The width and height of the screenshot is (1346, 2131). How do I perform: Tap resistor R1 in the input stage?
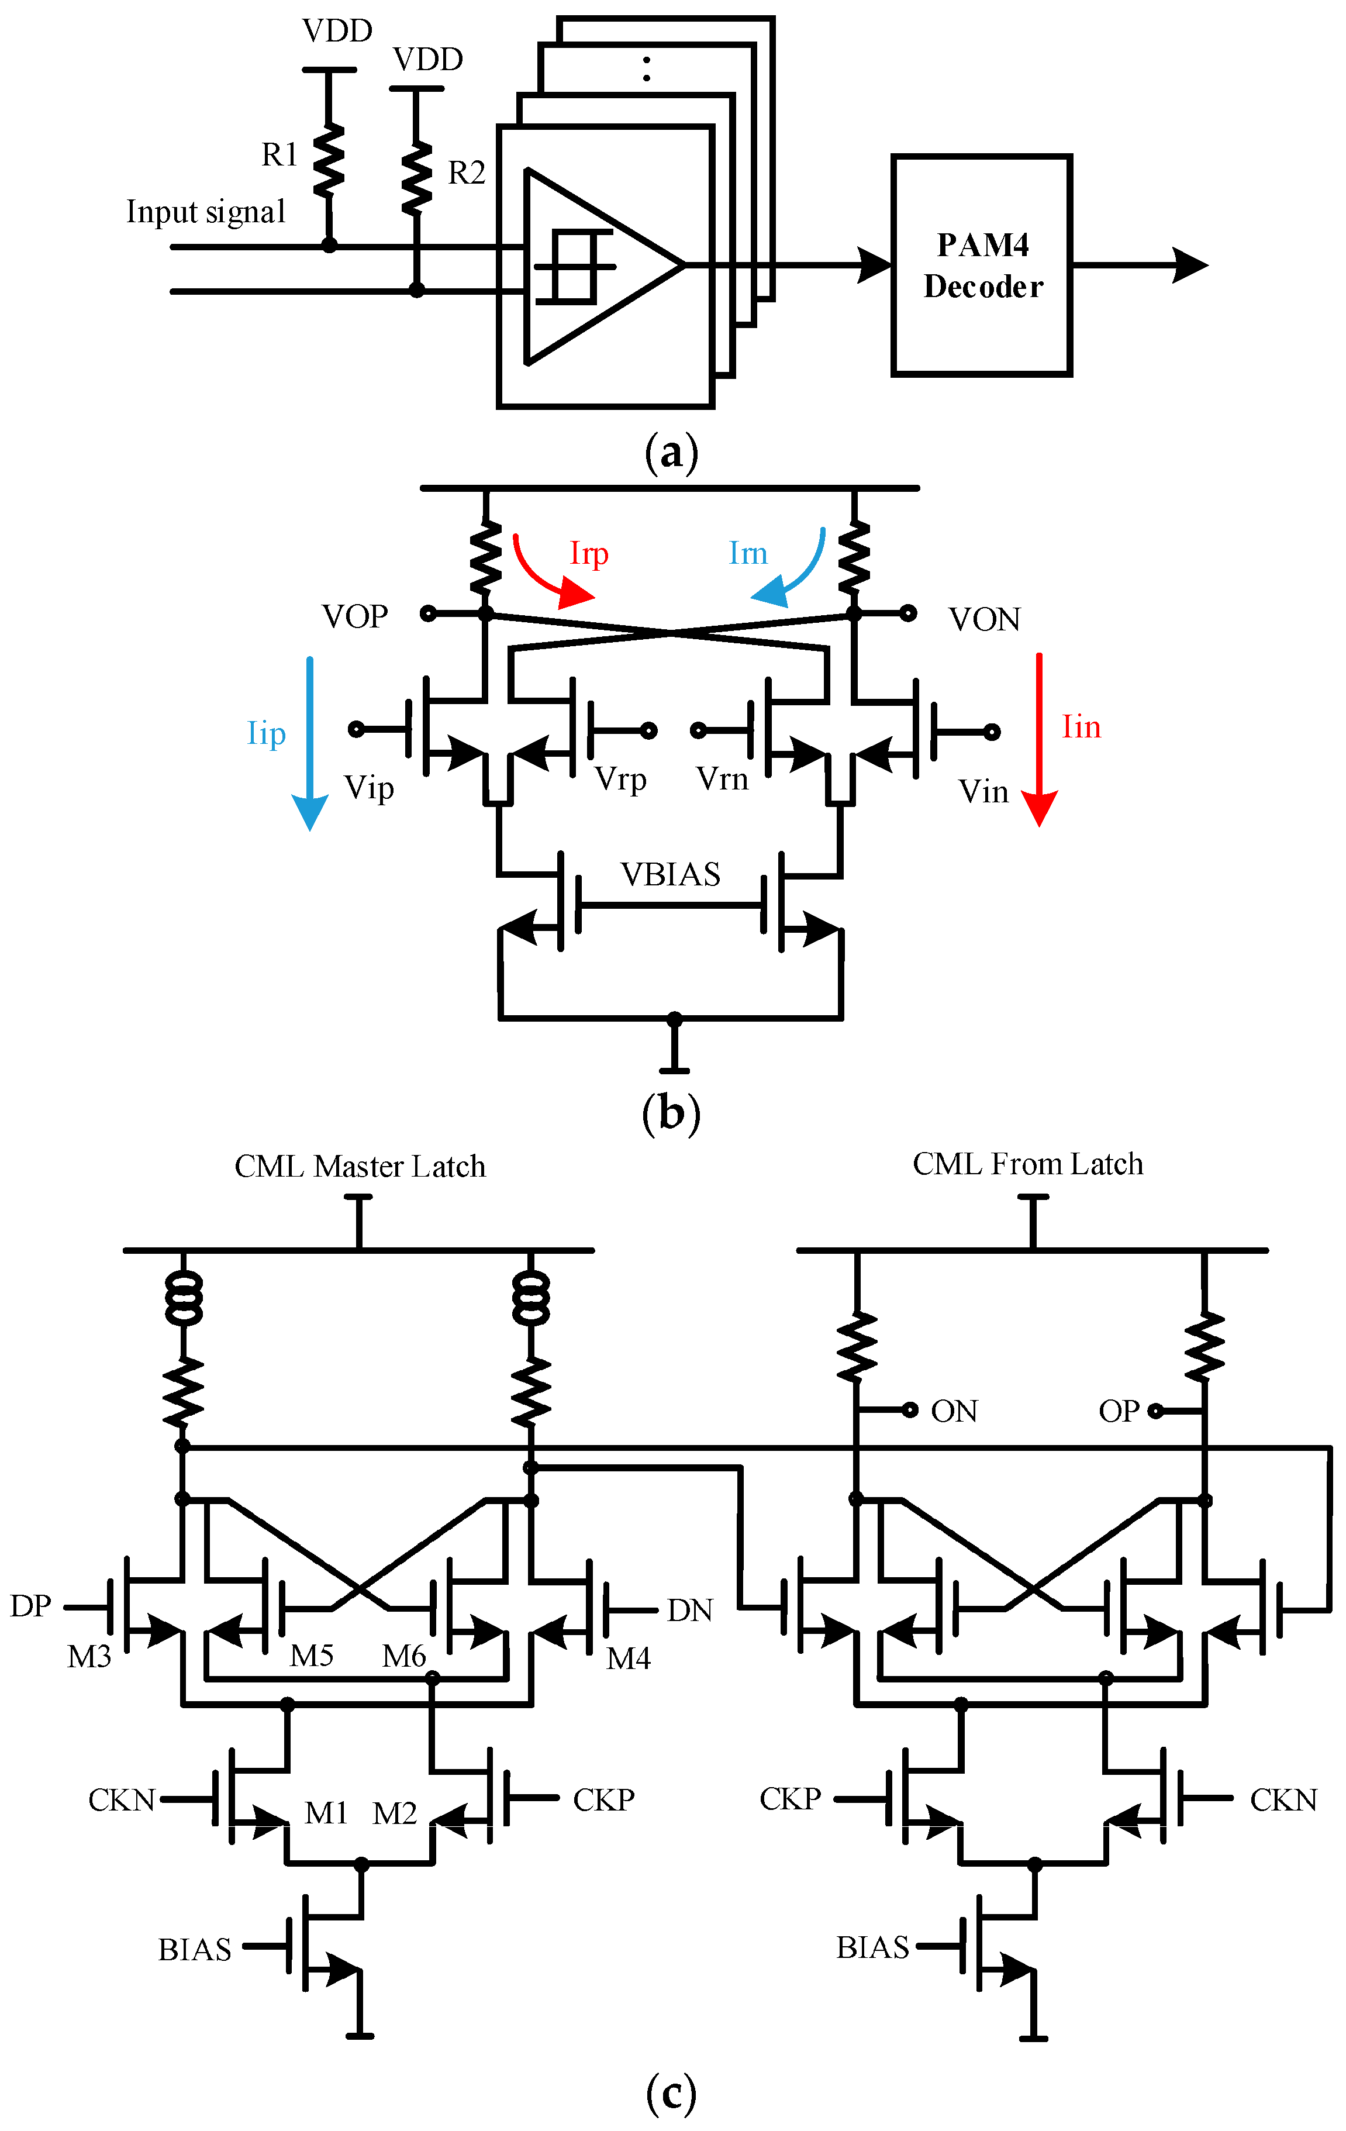tap(329, 159)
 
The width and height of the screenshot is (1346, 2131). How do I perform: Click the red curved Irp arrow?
tap(544, 571)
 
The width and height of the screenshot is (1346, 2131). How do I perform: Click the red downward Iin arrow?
tap(1039, 739)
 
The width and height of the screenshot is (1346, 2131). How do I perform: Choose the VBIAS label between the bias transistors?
tap(670, 874)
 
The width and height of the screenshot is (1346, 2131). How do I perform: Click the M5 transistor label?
tap(312, 1655)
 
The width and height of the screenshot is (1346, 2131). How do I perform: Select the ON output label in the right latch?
tap(954, 1411)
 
